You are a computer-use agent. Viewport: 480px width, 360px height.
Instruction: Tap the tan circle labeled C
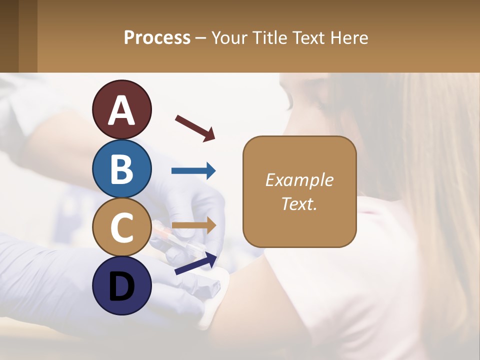(x=122, y=227)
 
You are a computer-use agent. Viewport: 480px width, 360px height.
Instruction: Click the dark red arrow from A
(x=195, y=128)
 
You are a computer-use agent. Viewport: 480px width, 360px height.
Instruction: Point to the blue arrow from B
(x=193, y=171)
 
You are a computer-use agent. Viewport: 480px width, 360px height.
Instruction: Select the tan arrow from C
(x=193, y=225)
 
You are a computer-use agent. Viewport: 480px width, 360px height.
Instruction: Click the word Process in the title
(x=157, y=37)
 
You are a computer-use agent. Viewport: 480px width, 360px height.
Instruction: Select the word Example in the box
(x=299, y=180)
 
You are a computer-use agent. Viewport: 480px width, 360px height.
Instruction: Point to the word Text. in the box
(x=299, y=203)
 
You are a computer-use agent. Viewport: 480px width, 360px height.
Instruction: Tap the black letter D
(x=122, y=286)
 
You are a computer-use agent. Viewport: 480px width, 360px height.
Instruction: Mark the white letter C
(x=122, y=227)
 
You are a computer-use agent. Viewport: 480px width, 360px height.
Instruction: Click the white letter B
(x=122, y=169)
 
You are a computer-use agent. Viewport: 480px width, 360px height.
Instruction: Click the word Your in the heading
(x=230, y=37)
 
